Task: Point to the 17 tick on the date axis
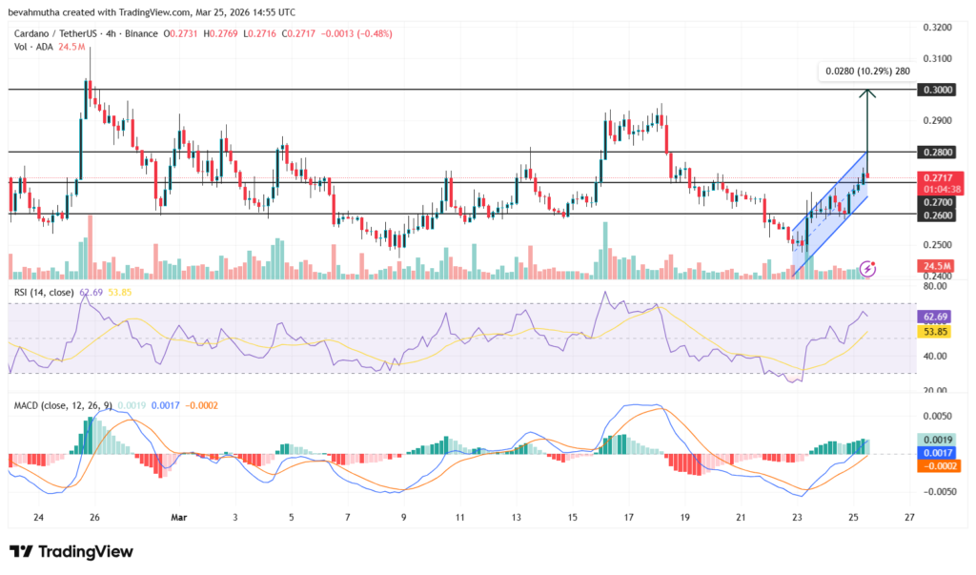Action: (629, 518)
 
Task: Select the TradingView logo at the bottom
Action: (71, 552)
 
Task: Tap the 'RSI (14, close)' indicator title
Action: (44, 292)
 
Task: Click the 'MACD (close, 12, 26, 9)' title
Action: (66, 405)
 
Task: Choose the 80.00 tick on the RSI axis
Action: (933, 286)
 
